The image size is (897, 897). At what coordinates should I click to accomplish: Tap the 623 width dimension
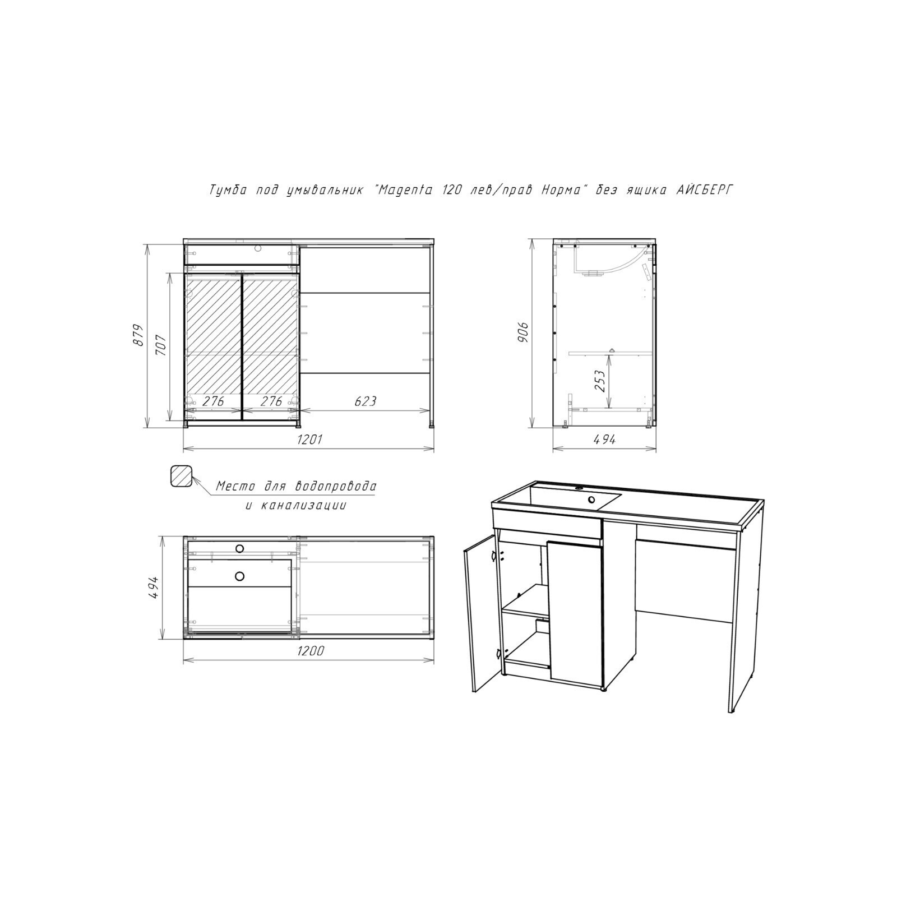(x=366, y=401)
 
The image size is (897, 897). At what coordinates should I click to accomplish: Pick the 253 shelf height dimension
(x=600, y=381)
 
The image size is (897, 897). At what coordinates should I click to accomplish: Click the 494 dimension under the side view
(x=604, y=440)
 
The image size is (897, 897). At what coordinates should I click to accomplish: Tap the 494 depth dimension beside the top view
(x=154, y=588)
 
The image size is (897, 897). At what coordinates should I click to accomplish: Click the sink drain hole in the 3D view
(x=591, y=500)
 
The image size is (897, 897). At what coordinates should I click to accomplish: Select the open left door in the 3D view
(x=481, y=613)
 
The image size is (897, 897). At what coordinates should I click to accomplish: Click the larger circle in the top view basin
(x=240, y=576)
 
